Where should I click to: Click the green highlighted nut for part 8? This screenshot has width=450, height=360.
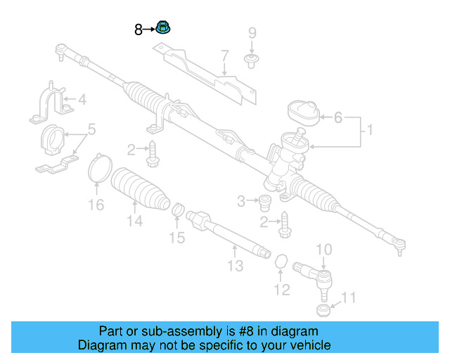click(x=164, y=28)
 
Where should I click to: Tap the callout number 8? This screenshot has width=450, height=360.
click(x=139, y=30)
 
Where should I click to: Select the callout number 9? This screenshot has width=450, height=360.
click(x=252, y=33)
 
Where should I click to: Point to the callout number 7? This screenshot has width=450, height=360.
click(x=225, y=56)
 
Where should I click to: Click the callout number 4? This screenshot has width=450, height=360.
click(x=82, y=100)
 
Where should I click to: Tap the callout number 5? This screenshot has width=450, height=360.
click(x=91, y=130)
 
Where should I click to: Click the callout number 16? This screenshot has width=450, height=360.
click(x=96, y=205)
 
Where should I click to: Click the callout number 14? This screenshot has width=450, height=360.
click(x=134, y=221)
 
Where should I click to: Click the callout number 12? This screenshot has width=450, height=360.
click(x=281, y=289)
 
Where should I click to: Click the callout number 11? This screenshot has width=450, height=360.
click(x=349, y=298)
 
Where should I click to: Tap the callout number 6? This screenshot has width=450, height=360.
click(x=337, y=117)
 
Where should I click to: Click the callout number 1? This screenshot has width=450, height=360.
click(x=370, y=130)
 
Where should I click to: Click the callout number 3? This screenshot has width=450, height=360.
click(x=242, y=202)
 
